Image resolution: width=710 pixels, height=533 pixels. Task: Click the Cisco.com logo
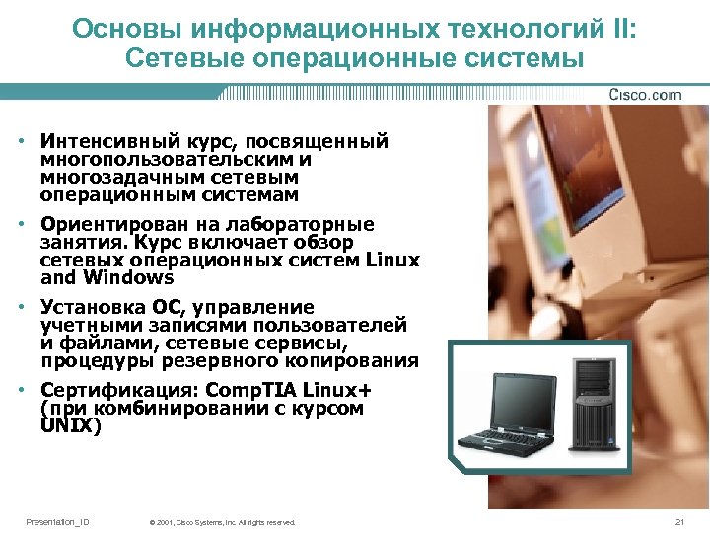pos(646,95)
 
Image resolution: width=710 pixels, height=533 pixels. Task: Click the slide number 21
pos(678,521)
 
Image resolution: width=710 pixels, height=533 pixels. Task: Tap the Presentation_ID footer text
pos(57,521)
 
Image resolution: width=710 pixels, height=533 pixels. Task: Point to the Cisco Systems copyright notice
pos(222,522)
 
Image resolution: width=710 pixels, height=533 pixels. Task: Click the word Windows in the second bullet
pos(129,277)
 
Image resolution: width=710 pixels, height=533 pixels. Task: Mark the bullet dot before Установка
pos(21,308)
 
